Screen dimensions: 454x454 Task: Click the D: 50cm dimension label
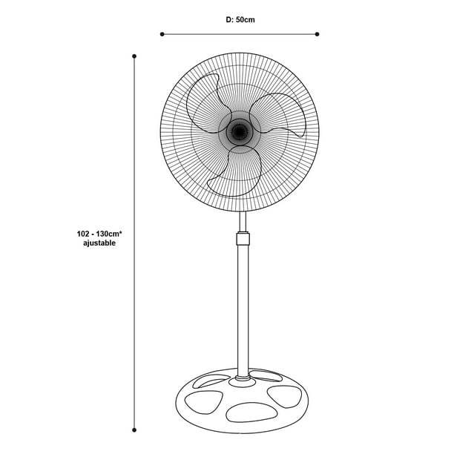pyautogui.click(x=240, y=20)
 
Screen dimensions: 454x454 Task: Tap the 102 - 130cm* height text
pyautogui.click(x=99, y=234)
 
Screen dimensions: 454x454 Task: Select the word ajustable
pyautogui.click(x=99, y=243)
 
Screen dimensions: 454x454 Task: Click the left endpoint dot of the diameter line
pyautogui.click(x=162, y=34)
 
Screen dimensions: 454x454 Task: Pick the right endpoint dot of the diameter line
pyautogui.click(x=317, y=34)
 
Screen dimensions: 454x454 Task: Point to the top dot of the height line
pyautogui.click(x=134, y=56)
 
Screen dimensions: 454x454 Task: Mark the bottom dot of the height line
pyautogui.click(x=134, y=430)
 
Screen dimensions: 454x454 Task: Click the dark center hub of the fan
pyautogui.click(x=239, y=132)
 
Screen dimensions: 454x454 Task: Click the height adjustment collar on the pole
pyautogui.click(x=243, y=238)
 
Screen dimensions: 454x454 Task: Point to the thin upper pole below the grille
pyautogui.click(x=243, y=222)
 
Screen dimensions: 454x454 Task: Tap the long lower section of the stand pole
pyautogui.click(x=243, y=310)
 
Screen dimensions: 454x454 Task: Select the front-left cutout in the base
pyautogui.click(x=203, y=402)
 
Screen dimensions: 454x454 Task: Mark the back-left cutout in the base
pyautogui.click(x=211, y=380)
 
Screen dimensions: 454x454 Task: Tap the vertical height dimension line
pyautogui.click(x=134, y=243)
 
